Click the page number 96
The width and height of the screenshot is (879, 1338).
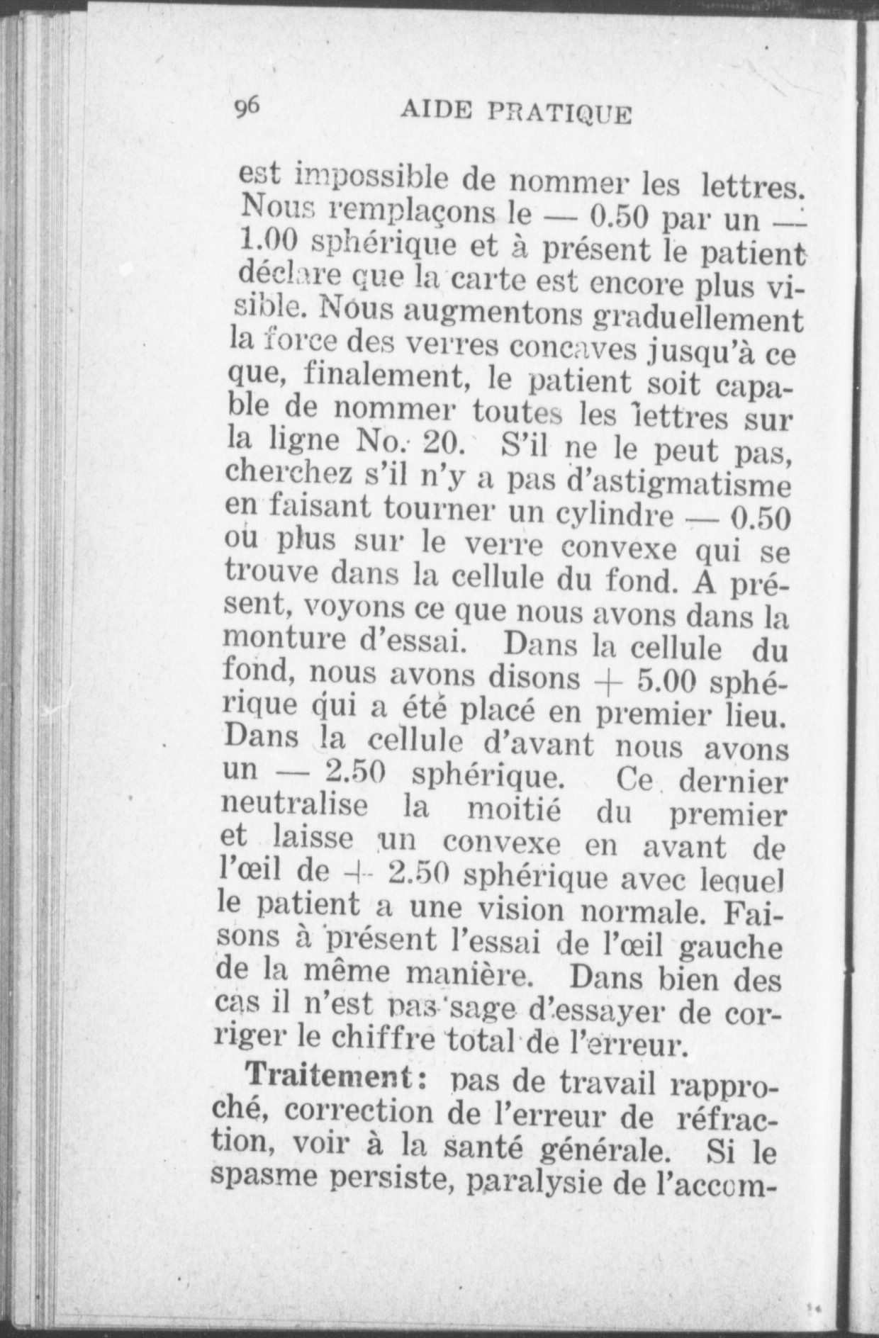pos(247,108)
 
